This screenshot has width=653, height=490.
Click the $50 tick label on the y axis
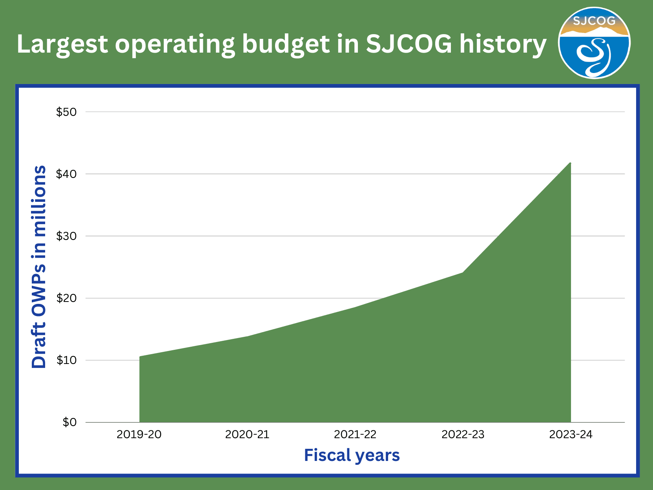coord(66,112)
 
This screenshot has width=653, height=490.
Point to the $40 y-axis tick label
coord(66,174)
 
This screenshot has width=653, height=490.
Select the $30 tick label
coord(66,236)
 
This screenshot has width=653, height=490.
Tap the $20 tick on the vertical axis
coord(66,298)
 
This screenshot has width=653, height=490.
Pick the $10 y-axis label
coord(66,360)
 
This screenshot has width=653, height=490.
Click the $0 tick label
coord(69,422)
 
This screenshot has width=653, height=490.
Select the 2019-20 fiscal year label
coord(139,434)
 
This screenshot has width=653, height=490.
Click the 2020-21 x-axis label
coord(247,434)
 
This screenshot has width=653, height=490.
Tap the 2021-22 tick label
coord(355,434)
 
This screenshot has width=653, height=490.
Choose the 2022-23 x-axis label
coord(463,434)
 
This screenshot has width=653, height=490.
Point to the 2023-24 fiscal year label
coord(571,434)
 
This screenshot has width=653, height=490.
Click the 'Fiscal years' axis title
coord(352,455)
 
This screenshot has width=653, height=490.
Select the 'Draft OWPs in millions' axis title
coord(39,267)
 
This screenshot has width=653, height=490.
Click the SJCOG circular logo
coord(594,43)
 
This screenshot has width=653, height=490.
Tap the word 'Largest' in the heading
coord(62,44)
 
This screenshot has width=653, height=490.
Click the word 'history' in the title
coord(503,44)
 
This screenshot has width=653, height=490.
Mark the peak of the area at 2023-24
coord(570,163)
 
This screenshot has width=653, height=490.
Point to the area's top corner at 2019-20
coord(140,357)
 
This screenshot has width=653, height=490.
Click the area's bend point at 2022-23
coord(463,272)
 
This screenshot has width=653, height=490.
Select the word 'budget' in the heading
coord(285,44)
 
